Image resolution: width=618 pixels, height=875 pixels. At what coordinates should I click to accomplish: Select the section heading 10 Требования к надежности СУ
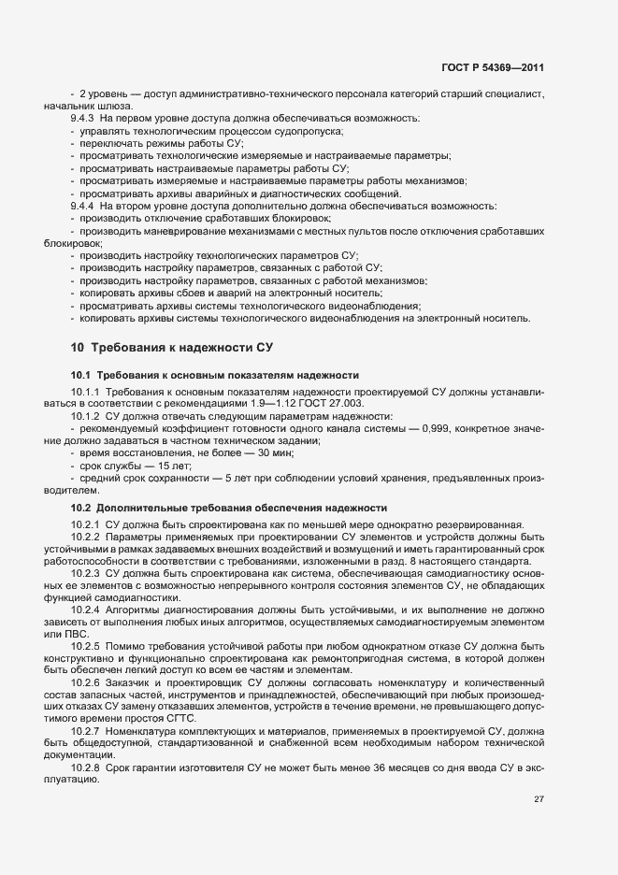(171, 347)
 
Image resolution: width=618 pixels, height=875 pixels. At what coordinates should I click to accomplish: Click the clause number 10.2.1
(85, 524)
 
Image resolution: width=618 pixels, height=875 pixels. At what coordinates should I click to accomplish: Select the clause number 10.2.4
(85, 610)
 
